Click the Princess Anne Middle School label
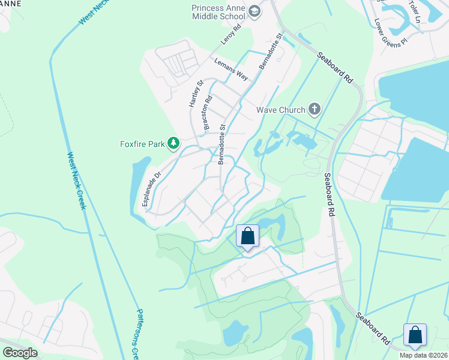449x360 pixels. point(220,12)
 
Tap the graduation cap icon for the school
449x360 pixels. point(255,11)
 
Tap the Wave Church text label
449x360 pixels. point(281,110)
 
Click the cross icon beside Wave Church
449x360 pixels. point(313,109)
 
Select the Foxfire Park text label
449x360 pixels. point(142,143)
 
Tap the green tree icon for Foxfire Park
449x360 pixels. point(173,143)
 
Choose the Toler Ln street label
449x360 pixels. point(416,11)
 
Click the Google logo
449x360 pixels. point(20,353)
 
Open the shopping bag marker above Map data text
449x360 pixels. point(415,335)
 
